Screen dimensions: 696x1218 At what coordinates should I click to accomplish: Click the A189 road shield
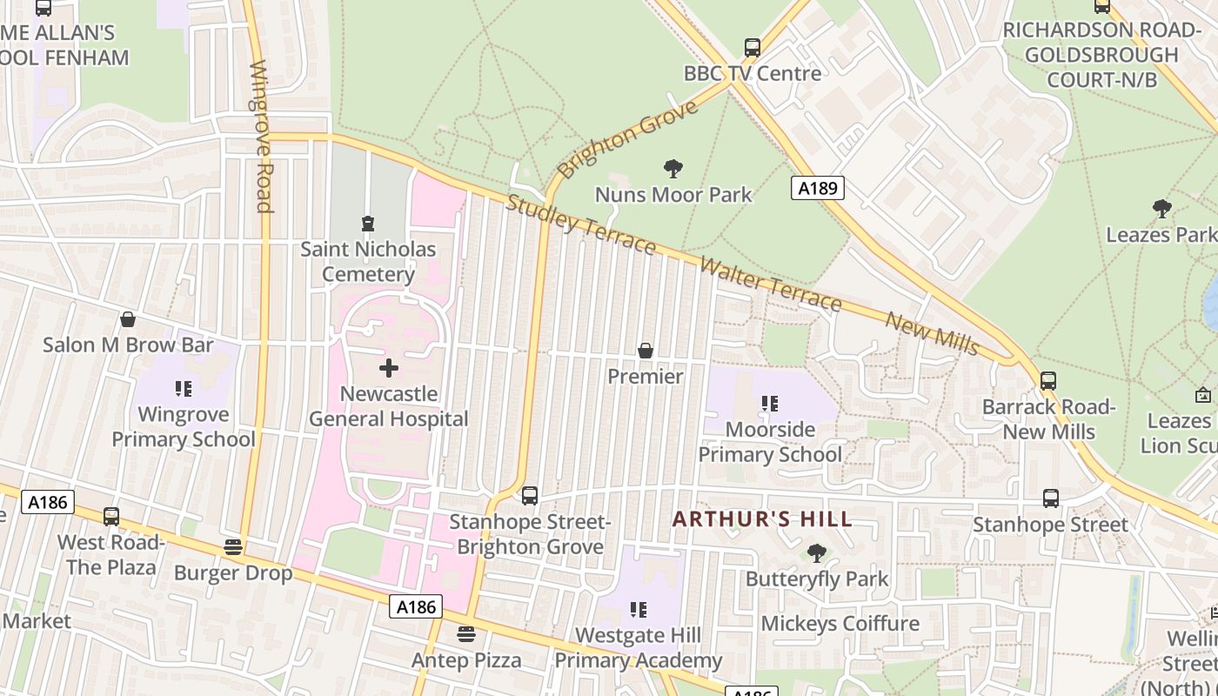coord(818,187)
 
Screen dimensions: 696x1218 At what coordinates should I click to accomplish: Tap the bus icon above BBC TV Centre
coord(753,48)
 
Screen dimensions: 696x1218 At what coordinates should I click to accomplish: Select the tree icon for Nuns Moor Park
coord(673,169)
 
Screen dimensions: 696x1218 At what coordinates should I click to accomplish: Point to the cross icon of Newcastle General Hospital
coord(389,368)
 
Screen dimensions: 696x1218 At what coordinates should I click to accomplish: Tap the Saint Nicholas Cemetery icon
coord(368,224)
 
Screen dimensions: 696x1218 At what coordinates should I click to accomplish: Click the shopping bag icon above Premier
coord(646,351)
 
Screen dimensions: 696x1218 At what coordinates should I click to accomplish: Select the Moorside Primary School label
coord(770,442)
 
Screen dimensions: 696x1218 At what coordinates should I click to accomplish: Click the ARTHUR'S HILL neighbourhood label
coord(762,519)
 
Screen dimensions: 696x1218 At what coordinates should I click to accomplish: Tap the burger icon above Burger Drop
coord(232,547)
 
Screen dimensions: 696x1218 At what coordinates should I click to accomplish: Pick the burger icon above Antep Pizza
coord(466,634)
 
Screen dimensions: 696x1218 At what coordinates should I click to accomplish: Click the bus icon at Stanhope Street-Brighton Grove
coord(530,496)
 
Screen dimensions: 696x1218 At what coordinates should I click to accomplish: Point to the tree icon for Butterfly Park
coord(816,553)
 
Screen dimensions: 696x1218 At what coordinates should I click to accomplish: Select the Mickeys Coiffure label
coord(840,623)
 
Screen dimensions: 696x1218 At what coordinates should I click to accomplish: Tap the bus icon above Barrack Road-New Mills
coord(1048,381)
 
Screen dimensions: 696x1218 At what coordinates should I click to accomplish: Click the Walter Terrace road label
coord(771,284)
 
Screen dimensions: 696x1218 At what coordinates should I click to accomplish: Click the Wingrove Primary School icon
coord(183,388)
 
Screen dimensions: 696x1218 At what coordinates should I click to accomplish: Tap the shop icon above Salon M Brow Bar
coord(128,319)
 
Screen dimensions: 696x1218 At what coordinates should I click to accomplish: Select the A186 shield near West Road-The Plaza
coord(48,502)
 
